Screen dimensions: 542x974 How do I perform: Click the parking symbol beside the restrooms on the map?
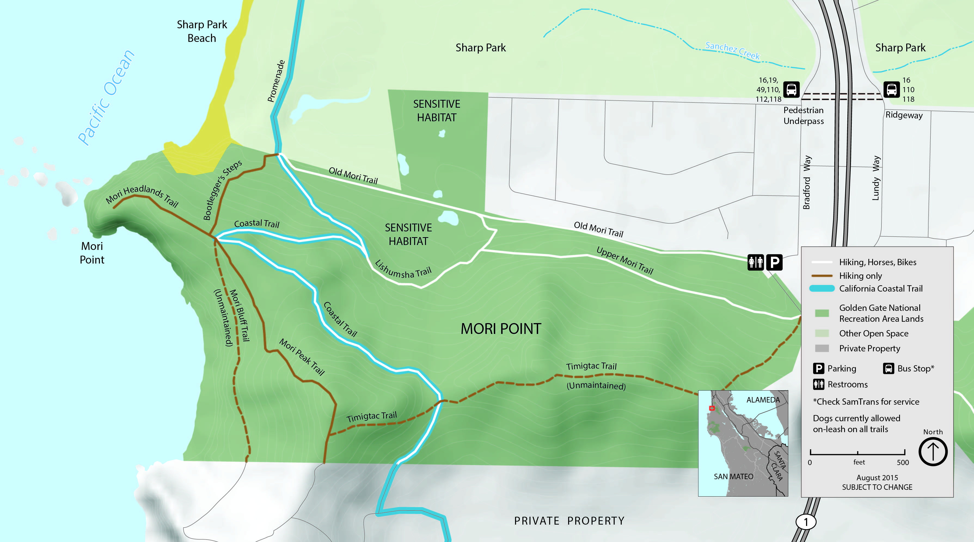click(x=774, y=262)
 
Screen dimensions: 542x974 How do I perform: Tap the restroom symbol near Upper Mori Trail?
click(x=755, y=262)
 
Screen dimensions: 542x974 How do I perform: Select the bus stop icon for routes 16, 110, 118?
click(x=891, y=89)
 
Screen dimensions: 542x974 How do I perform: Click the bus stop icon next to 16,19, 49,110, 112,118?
click(x=791, y=89)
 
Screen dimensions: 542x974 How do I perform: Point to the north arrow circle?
click(x=933, y=451)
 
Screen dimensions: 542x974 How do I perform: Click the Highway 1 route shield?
click(x=806, y=522)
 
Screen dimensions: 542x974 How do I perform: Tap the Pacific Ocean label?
click(x=106, y=97)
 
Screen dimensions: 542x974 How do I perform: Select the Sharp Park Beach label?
click(x=202, y=31)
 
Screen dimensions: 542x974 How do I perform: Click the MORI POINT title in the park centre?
click(x=501, y=329)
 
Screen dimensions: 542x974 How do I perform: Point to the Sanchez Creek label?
click(x=732, y=51)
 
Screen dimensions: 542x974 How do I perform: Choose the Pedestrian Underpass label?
click(x=804, y=116)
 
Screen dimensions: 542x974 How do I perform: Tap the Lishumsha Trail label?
click(x=403, y=269)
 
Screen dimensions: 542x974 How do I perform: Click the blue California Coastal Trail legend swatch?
click(x=822, y=289)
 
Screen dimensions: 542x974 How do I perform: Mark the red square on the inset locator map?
click(x=712, y=408)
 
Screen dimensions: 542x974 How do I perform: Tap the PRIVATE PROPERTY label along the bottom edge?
click(x=569, y=521)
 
